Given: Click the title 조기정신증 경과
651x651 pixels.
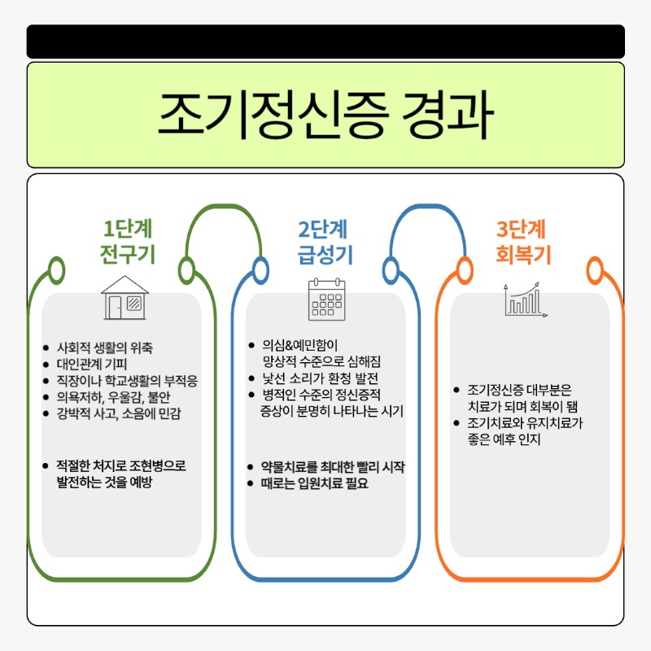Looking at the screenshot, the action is pos(325,115).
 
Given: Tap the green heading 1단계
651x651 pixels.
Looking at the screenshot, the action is pos(128,229).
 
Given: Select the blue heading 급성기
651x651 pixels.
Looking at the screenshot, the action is pos(325,254).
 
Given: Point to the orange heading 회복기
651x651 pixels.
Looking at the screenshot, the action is pos(523,254).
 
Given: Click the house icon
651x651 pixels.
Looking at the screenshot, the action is pos(125,297).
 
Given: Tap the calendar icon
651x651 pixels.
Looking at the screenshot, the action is pos(327,299).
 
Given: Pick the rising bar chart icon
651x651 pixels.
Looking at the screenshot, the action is pos(525,299).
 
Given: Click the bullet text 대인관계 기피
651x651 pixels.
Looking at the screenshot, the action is pos(92,364).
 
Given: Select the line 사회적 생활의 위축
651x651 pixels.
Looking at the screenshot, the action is pos(105,347).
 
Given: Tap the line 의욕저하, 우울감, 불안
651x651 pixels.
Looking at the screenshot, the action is pos(113,397).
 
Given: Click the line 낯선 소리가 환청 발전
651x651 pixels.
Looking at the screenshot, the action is pos(320,378).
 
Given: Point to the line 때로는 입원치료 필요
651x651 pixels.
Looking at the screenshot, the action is pos(314,483).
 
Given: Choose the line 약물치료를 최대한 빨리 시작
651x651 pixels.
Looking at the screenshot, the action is pos(333,466).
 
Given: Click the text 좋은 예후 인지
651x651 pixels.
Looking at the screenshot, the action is pos(504,439).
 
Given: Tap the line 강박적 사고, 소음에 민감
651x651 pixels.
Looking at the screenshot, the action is pos(119,413).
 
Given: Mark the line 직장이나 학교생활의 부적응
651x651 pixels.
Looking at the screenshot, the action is pos(127,381).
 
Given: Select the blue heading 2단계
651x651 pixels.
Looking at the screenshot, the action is pos(322,229).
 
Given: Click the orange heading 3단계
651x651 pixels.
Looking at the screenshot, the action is pos(521,229).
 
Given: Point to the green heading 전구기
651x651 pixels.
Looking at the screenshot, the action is pos(128,254).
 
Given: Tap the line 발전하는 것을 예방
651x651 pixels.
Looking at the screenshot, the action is pos(105,482).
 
